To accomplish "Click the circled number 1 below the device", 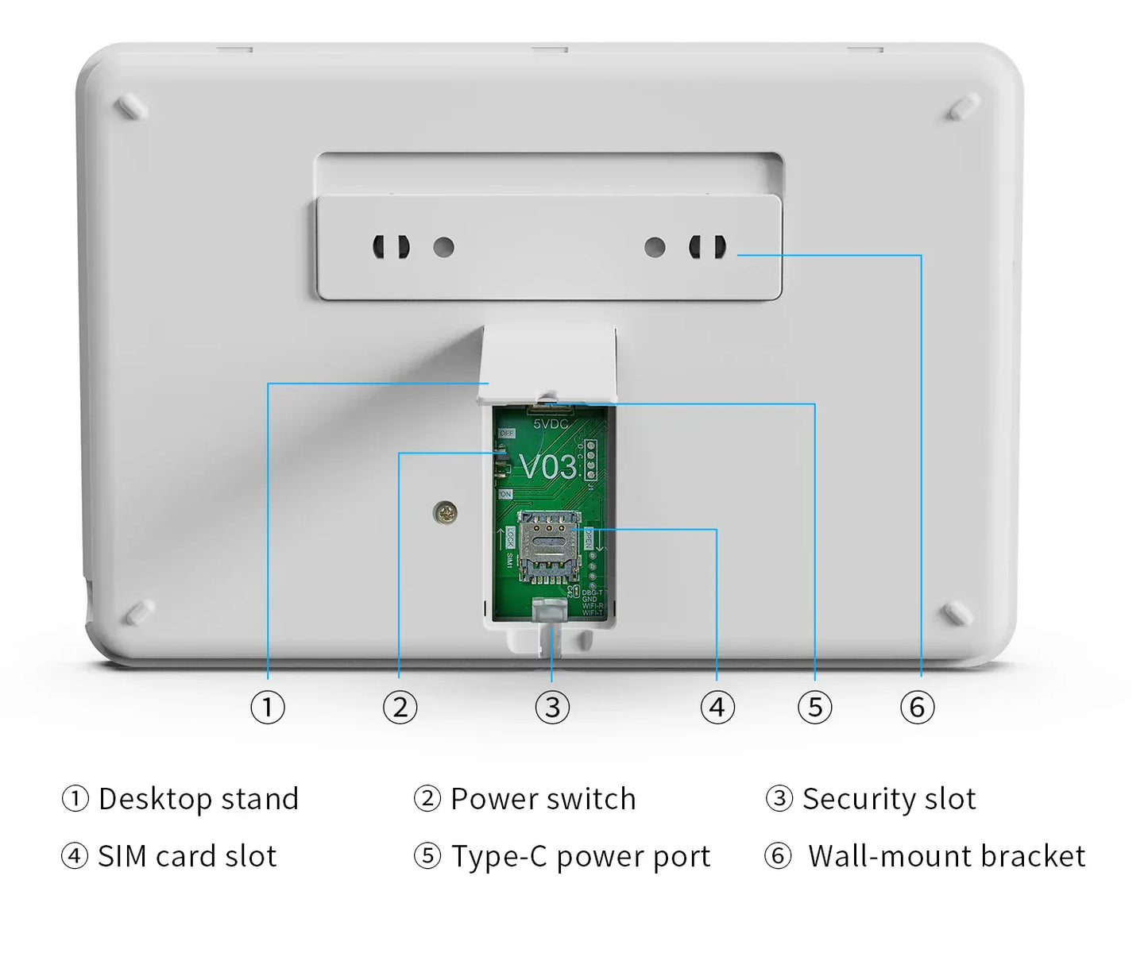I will pos(268,707).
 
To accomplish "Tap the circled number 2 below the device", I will pos(400,707).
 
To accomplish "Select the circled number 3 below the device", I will pos(552,707).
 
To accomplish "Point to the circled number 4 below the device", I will pos(717,707).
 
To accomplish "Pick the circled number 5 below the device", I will pos(815,707).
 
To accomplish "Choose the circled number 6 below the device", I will pos(918,707).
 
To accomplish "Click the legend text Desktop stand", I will pos(198,799).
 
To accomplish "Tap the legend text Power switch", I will pos(543,799).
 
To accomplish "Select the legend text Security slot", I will pos(888,799).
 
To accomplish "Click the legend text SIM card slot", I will pos(187,856).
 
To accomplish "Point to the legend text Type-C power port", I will pos(580,856).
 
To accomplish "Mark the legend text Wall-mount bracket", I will pos(945,856).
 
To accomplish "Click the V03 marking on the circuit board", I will pos(548,467).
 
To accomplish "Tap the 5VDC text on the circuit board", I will pos(551,424).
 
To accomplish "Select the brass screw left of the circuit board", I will pos(446,513).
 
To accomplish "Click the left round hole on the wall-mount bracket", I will pos(443,247).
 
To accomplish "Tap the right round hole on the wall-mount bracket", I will pos(655,247).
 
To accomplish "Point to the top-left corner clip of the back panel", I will pos(132,106).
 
